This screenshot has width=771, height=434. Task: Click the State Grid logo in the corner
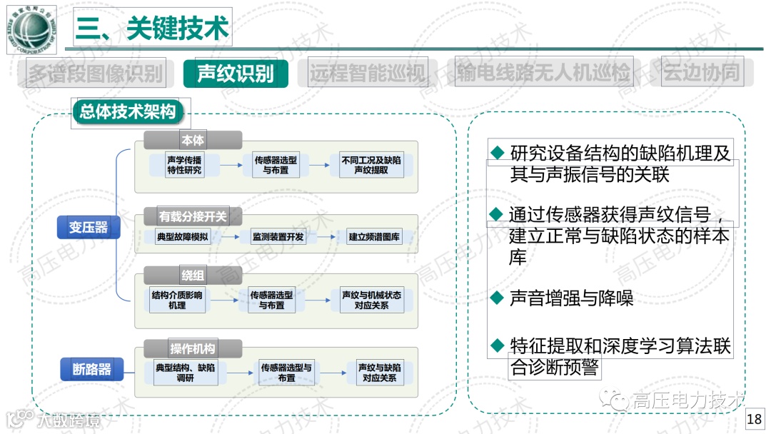click(30, 29)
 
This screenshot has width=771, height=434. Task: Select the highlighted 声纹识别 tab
click(236, 73)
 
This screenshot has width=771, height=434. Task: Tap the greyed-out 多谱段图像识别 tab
click(96, 73)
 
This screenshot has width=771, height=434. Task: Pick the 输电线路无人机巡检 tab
click(544, 73)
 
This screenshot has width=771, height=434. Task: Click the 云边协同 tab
click(702, 73)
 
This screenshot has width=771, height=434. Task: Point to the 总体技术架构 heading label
click(128, 112)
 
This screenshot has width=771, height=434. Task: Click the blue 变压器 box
click(89, 227)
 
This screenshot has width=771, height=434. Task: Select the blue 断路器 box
click(92, 369)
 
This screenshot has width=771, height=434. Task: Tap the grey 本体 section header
click(193, 141)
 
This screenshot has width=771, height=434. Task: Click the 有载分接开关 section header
click(193, 216)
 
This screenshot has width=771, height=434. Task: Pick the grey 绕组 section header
click(193, 276)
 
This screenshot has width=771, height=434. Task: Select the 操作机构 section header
click(193, 349)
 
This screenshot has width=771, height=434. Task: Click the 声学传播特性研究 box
click(185, 166)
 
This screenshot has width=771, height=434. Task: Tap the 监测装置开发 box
click(278, 237)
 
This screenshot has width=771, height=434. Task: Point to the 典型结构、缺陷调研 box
click(186, 373)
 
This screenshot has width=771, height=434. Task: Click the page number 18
click(754, 420)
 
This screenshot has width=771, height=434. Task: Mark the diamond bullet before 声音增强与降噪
click(498, 298)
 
